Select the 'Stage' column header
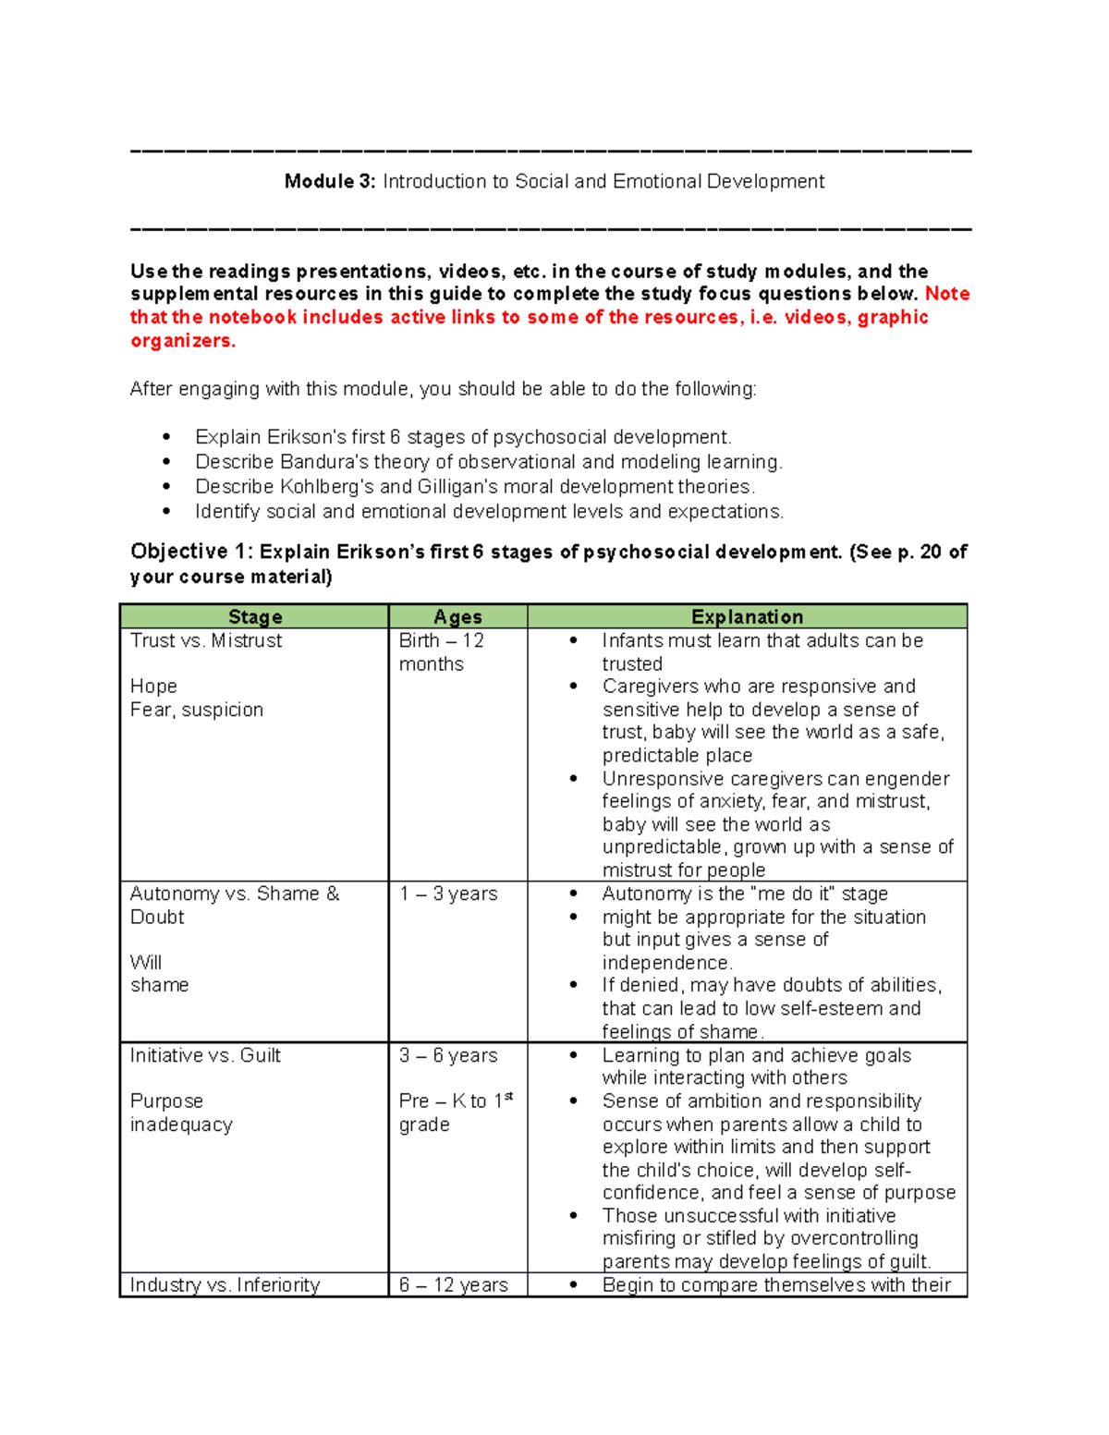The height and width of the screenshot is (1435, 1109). click(255, 617)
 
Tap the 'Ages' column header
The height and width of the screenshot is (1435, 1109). click(457, 617)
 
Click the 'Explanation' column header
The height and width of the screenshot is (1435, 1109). click(747, 617)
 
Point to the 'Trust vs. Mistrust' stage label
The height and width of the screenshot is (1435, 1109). click(206, 641)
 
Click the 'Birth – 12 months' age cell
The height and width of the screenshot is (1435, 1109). click(441, 652)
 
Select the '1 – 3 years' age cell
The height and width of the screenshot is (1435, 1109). click(448, 894)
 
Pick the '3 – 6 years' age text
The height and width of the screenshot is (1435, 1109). click(448, 1056)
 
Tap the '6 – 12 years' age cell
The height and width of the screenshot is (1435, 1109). click(454, 1285)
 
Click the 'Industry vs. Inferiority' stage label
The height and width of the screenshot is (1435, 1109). click(225, 1285)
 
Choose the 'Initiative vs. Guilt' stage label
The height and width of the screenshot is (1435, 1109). click(205, 1056)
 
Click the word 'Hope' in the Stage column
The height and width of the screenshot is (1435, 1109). click(153, 687)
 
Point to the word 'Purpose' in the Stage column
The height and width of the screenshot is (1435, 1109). click(166, 1101)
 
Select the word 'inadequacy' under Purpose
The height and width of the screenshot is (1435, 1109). click(181, 1125)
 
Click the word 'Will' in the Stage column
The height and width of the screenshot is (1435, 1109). click(146, 963)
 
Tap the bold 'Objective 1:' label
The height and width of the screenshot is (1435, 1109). click(190, 553)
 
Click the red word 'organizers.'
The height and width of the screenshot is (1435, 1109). click(183, 341)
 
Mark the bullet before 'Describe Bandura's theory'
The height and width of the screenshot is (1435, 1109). click(166, 462)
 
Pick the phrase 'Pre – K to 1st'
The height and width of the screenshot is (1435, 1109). click(456, 1101)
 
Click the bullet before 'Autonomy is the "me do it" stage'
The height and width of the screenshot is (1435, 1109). click(574, 894)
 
